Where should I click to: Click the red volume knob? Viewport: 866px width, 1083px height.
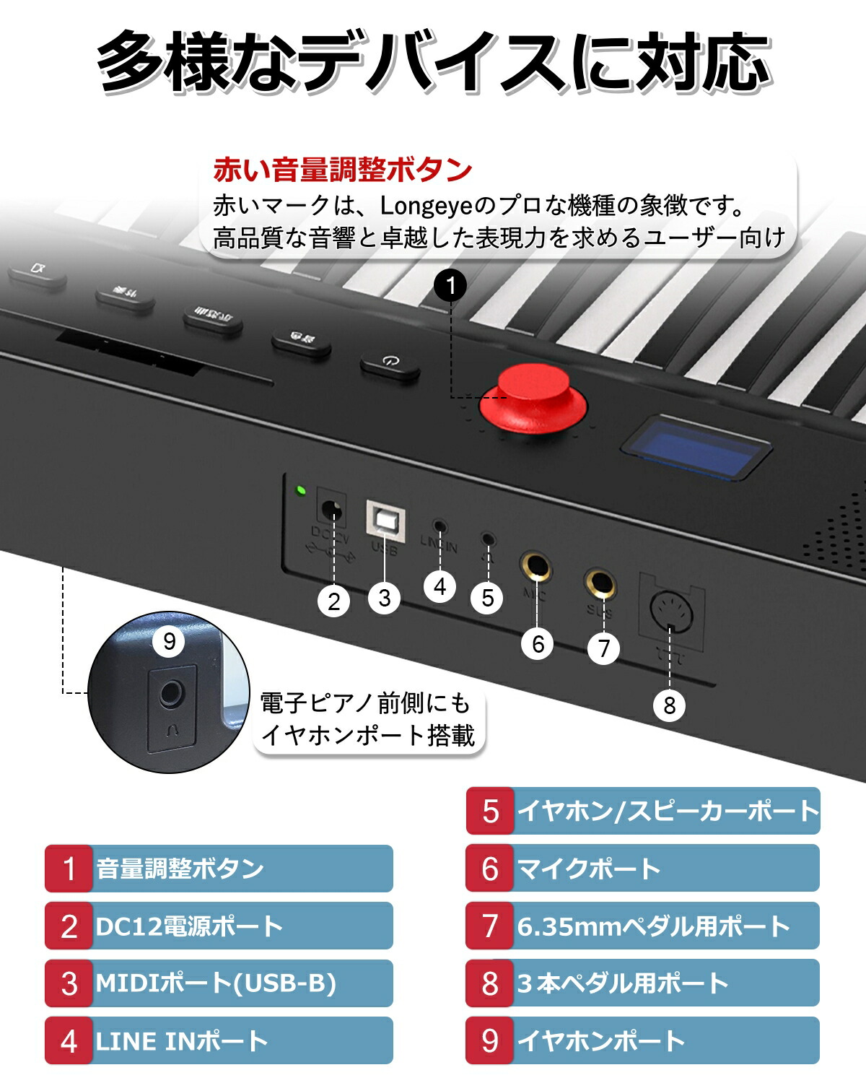[x=534, y=399]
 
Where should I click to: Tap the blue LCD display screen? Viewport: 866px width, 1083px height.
[x=696, y=446]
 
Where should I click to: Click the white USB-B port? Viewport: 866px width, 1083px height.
[x=385, y=521]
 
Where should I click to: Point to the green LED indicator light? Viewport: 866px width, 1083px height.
[x=301, y=492]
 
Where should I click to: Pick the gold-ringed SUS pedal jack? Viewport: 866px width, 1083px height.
[x=600, y=583]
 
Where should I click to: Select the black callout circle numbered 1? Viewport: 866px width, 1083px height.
[x=451, y=286]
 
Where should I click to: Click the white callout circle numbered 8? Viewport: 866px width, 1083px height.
[x=669, y=705]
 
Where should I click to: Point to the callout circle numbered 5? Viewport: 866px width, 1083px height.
[x=488, y=598]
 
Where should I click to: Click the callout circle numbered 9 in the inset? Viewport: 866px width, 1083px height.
[x=170, y=641]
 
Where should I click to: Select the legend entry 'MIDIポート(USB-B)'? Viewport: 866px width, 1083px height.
[x=216, y=983]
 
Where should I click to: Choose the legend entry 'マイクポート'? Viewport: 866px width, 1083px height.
[x=589, y=868]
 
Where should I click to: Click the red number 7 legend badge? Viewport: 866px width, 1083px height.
[x=490, y=926]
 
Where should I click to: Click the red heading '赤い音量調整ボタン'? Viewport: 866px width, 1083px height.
[x=343, y=170]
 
